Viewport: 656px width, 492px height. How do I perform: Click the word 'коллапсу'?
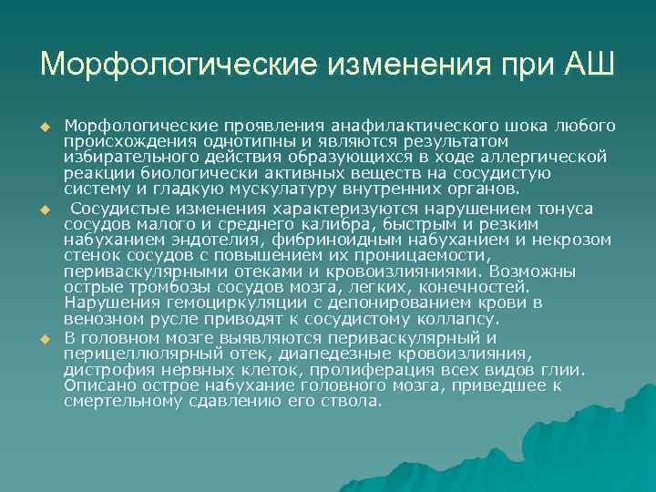(x=453, y=320)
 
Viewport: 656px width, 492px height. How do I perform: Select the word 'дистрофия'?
(x=108, y=371)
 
